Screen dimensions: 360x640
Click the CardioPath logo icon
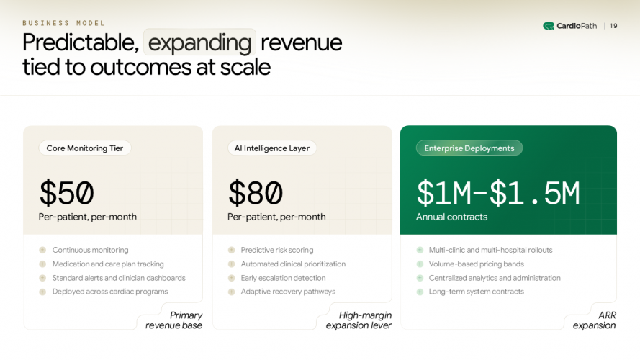548,26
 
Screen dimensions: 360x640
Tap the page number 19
613,26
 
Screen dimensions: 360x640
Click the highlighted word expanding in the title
199,42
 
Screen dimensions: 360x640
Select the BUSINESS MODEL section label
63,23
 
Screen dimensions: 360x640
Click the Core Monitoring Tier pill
85,148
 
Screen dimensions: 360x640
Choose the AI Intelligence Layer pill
272,148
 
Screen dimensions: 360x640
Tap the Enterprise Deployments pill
469,148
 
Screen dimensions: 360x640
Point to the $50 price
66,193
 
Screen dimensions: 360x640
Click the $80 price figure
256,193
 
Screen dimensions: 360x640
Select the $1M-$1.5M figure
497,193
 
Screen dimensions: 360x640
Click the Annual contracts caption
451,217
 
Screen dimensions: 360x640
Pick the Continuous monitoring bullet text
90,250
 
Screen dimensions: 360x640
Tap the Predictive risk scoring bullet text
277,250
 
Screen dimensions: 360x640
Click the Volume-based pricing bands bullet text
477,264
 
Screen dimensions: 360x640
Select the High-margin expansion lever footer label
359,320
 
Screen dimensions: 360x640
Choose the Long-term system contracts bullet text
477,292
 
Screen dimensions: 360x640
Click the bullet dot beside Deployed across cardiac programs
42,292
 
